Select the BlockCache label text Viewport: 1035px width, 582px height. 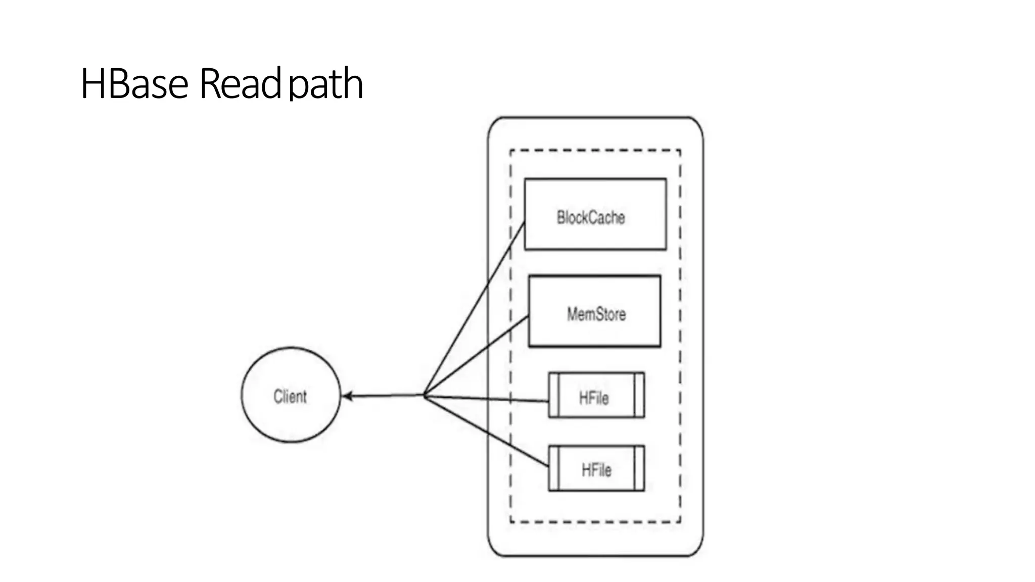[590, 218]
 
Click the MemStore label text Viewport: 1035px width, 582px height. [596, 314]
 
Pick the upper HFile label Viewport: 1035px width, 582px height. [593, 398]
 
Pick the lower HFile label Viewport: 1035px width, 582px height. [596, 470]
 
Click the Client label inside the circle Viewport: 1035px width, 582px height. [290, 397]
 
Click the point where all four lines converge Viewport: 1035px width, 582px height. [424, 395]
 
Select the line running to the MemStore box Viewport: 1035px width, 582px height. [475, 356]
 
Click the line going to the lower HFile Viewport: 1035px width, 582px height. [485, 430]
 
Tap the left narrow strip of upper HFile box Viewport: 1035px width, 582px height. [553, 395]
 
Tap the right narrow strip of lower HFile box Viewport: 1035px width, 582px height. [639, 468]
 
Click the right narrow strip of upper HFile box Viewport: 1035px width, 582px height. [639, 395]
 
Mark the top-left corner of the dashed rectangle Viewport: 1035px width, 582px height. [510, 150]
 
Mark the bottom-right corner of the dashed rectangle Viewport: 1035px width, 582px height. [680, 522]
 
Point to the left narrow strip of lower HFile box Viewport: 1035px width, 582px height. [553, 468]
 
